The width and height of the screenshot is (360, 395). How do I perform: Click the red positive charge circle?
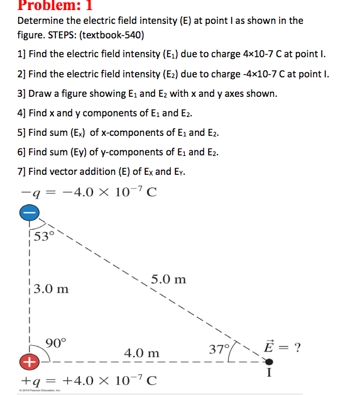[x=28, y=363]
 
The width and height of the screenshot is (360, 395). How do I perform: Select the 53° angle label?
[x=45, y=236]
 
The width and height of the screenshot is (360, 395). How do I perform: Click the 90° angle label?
[x=55, y=343]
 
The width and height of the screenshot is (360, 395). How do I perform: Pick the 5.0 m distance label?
[x=168, y=279]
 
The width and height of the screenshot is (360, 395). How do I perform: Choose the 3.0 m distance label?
[x=51, y=289]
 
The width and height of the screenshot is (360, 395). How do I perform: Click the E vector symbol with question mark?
[x=283, y=347]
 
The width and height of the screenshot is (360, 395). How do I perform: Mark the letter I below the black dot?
[x=269, y=376]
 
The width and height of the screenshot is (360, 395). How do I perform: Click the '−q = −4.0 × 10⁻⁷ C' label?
[x=89, y=192]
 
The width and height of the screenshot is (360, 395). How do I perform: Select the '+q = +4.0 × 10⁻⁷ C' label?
[x=89, y=381]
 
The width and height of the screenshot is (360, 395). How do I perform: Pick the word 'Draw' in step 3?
[x=40, y=94]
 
